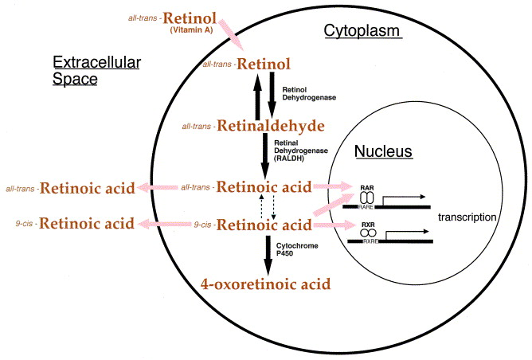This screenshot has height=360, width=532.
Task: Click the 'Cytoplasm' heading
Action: [362, 31]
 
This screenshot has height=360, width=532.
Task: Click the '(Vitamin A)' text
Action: [193, 29]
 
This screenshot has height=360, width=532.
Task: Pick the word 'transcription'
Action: [472, 216]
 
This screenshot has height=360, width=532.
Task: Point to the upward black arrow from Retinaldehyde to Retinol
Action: [256, 92]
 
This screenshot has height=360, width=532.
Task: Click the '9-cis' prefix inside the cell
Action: [203, 225]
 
